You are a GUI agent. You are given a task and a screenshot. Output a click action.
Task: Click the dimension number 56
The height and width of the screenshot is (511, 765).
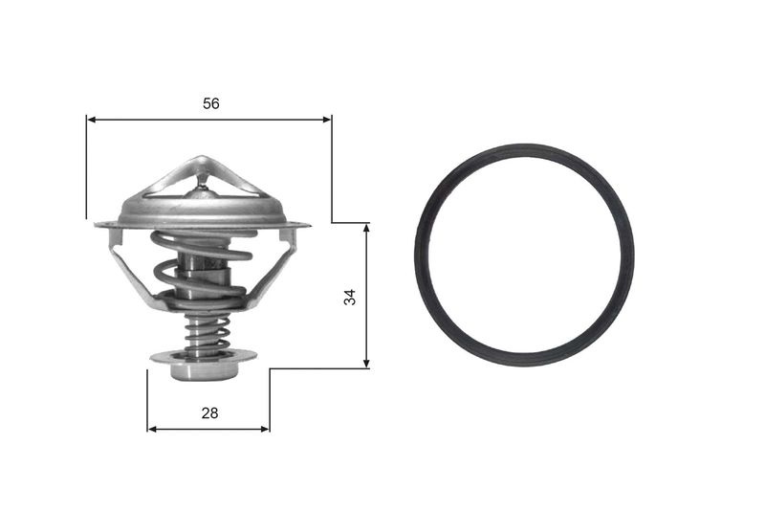click(x=211, y=103)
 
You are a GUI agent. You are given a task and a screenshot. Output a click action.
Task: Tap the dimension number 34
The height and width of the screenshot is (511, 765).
click(x=350, y=298)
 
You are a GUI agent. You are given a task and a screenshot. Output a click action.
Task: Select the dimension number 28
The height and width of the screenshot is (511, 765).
click(x=209, y=413)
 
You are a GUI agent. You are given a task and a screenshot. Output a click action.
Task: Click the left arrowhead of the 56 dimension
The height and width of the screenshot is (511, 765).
click(x=91, y=120)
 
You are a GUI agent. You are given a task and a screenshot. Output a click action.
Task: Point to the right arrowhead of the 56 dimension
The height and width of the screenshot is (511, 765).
click(x=327, y=120)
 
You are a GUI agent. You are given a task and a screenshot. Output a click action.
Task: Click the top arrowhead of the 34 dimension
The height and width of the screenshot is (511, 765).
click(x=366, y=228)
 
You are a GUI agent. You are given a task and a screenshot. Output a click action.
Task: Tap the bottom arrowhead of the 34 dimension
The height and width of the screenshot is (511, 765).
click(x=366, y=364)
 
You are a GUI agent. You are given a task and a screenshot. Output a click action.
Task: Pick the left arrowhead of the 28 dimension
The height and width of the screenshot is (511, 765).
click(x=152, y=429)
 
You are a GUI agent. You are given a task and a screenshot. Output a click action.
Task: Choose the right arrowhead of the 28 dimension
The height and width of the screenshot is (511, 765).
click(x=265, y=429)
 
